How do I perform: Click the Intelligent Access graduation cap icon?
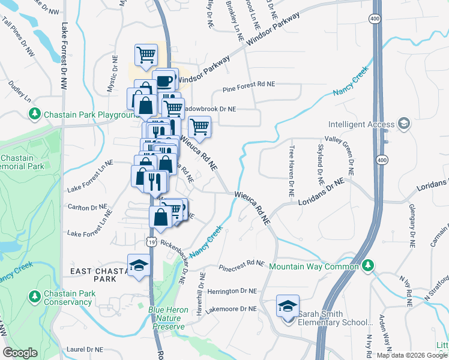tap(403, 124)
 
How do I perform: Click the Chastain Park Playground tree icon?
tap(36, 113)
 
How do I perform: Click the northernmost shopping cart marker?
tap(146, 56)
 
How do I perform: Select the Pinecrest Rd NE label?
tap(241, 265)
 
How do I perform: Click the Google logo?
tap(20, 353)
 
